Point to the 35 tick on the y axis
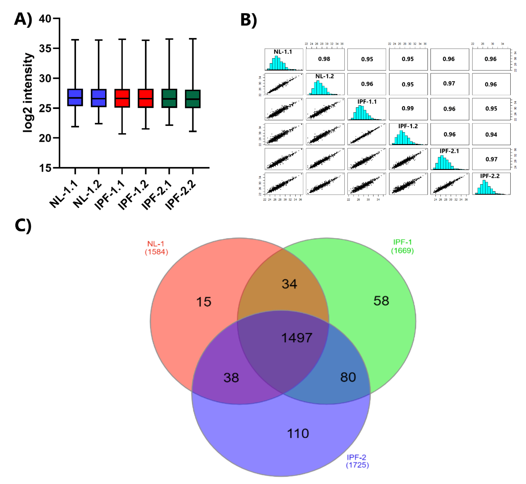point(45,48)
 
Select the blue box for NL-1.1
point(75,97)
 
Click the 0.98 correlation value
point(324,59)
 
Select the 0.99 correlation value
point(408,108)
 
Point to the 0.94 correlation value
point(491,135)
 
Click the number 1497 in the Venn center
point(297,338)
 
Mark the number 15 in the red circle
point(204,302)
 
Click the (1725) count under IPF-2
point(357,465)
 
